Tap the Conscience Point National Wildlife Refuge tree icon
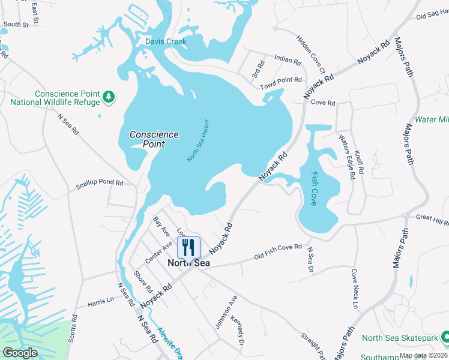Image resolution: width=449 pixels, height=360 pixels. pyautogui.click(x=109, y=97)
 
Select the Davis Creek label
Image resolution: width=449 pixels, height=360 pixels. pyautogui.click(x=166, y=41)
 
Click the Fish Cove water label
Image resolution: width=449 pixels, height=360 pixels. pyautogui.click(x=314, y=189)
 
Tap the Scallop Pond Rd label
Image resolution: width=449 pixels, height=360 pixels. pyautogui.click(x=99, y=183)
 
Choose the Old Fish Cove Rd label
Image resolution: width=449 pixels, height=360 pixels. pyautogui.click(x=278, y=251)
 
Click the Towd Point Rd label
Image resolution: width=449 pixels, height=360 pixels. pyautogui.click(x=280, y=83)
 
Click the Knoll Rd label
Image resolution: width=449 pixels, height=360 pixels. pyautogui.click(x=360, y=163)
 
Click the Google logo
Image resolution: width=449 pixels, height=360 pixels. pyautogui.click(x=20, y=352)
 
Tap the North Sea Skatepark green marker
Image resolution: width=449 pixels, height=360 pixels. pyautogui.click(x=444, y=338)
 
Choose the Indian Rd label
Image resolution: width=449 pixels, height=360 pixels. pyautogui.click(x=287, y=60)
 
